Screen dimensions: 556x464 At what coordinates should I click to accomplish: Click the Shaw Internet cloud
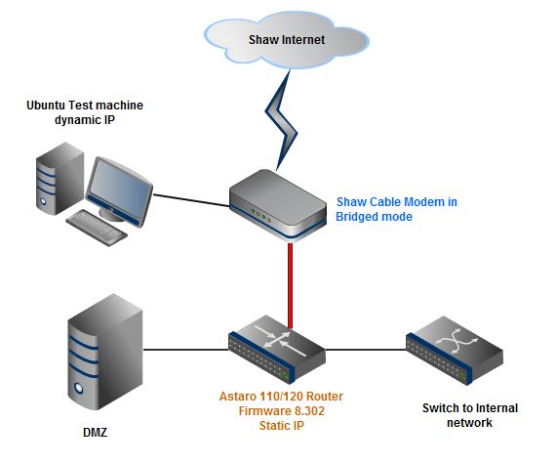[287, 40]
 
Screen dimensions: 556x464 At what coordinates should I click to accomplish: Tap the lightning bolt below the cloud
[282, 121]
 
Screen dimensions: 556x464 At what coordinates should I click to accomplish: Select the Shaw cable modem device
[278, 205]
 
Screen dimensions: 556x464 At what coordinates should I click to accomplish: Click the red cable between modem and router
[290, 286]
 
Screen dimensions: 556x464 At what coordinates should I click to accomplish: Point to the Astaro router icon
[277, 349]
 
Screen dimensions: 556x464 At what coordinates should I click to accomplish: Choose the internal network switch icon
[455, 350]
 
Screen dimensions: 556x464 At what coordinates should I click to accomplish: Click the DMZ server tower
[105, 352]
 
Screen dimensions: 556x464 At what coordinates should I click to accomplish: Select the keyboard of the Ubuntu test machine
[97, 228]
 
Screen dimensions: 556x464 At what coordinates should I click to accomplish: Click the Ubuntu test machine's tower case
[60, 179]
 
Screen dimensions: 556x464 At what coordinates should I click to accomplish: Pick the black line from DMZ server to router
[185, 350]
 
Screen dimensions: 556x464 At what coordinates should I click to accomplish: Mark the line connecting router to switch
[366, 350]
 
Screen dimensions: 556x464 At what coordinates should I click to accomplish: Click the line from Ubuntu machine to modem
[191, 200]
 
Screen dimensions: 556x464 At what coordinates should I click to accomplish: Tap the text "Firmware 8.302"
[282, 411]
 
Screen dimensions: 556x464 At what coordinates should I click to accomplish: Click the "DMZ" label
[95, 433]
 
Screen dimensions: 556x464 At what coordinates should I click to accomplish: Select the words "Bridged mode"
[375, 217]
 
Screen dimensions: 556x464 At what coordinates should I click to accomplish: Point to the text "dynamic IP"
[85, 120]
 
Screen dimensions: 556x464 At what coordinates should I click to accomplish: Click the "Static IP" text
[282, 425]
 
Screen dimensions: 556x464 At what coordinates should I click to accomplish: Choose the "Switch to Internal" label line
[470, 408]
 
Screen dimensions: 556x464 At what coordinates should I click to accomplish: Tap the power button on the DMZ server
[78, 388]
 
